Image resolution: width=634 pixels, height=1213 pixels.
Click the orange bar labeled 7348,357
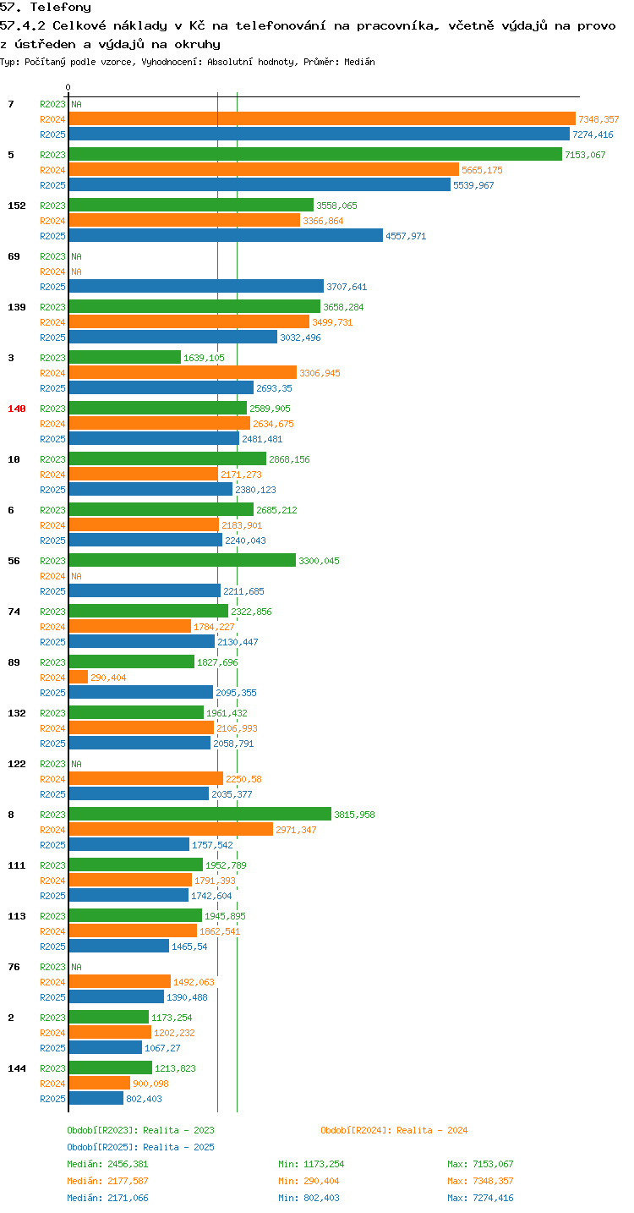322,119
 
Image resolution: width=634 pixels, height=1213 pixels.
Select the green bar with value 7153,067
315,154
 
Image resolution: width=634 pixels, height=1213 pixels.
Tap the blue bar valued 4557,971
226,235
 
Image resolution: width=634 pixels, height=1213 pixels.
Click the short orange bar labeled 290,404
79,677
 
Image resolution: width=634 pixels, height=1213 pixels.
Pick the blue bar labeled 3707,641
196,287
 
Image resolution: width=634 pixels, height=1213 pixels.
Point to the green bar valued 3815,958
200,814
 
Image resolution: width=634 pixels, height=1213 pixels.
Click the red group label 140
17,409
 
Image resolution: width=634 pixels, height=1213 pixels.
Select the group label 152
17,206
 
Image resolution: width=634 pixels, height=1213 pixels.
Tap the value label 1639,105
204,358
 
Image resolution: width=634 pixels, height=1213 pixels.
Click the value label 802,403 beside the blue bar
144,1099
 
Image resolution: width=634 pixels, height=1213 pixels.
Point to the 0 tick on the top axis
68,87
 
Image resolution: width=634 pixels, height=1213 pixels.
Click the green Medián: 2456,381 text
107,1164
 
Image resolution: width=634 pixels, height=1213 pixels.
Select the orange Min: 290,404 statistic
309,1181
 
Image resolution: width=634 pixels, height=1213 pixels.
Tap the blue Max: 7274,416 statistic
480,1197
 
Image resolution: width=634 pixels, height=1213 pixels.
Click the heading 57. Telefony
46,7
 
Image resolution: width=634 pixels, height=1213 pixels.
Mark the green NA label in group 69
76,256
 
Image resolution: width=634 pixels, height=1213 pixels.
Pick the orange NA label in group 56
76,576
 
